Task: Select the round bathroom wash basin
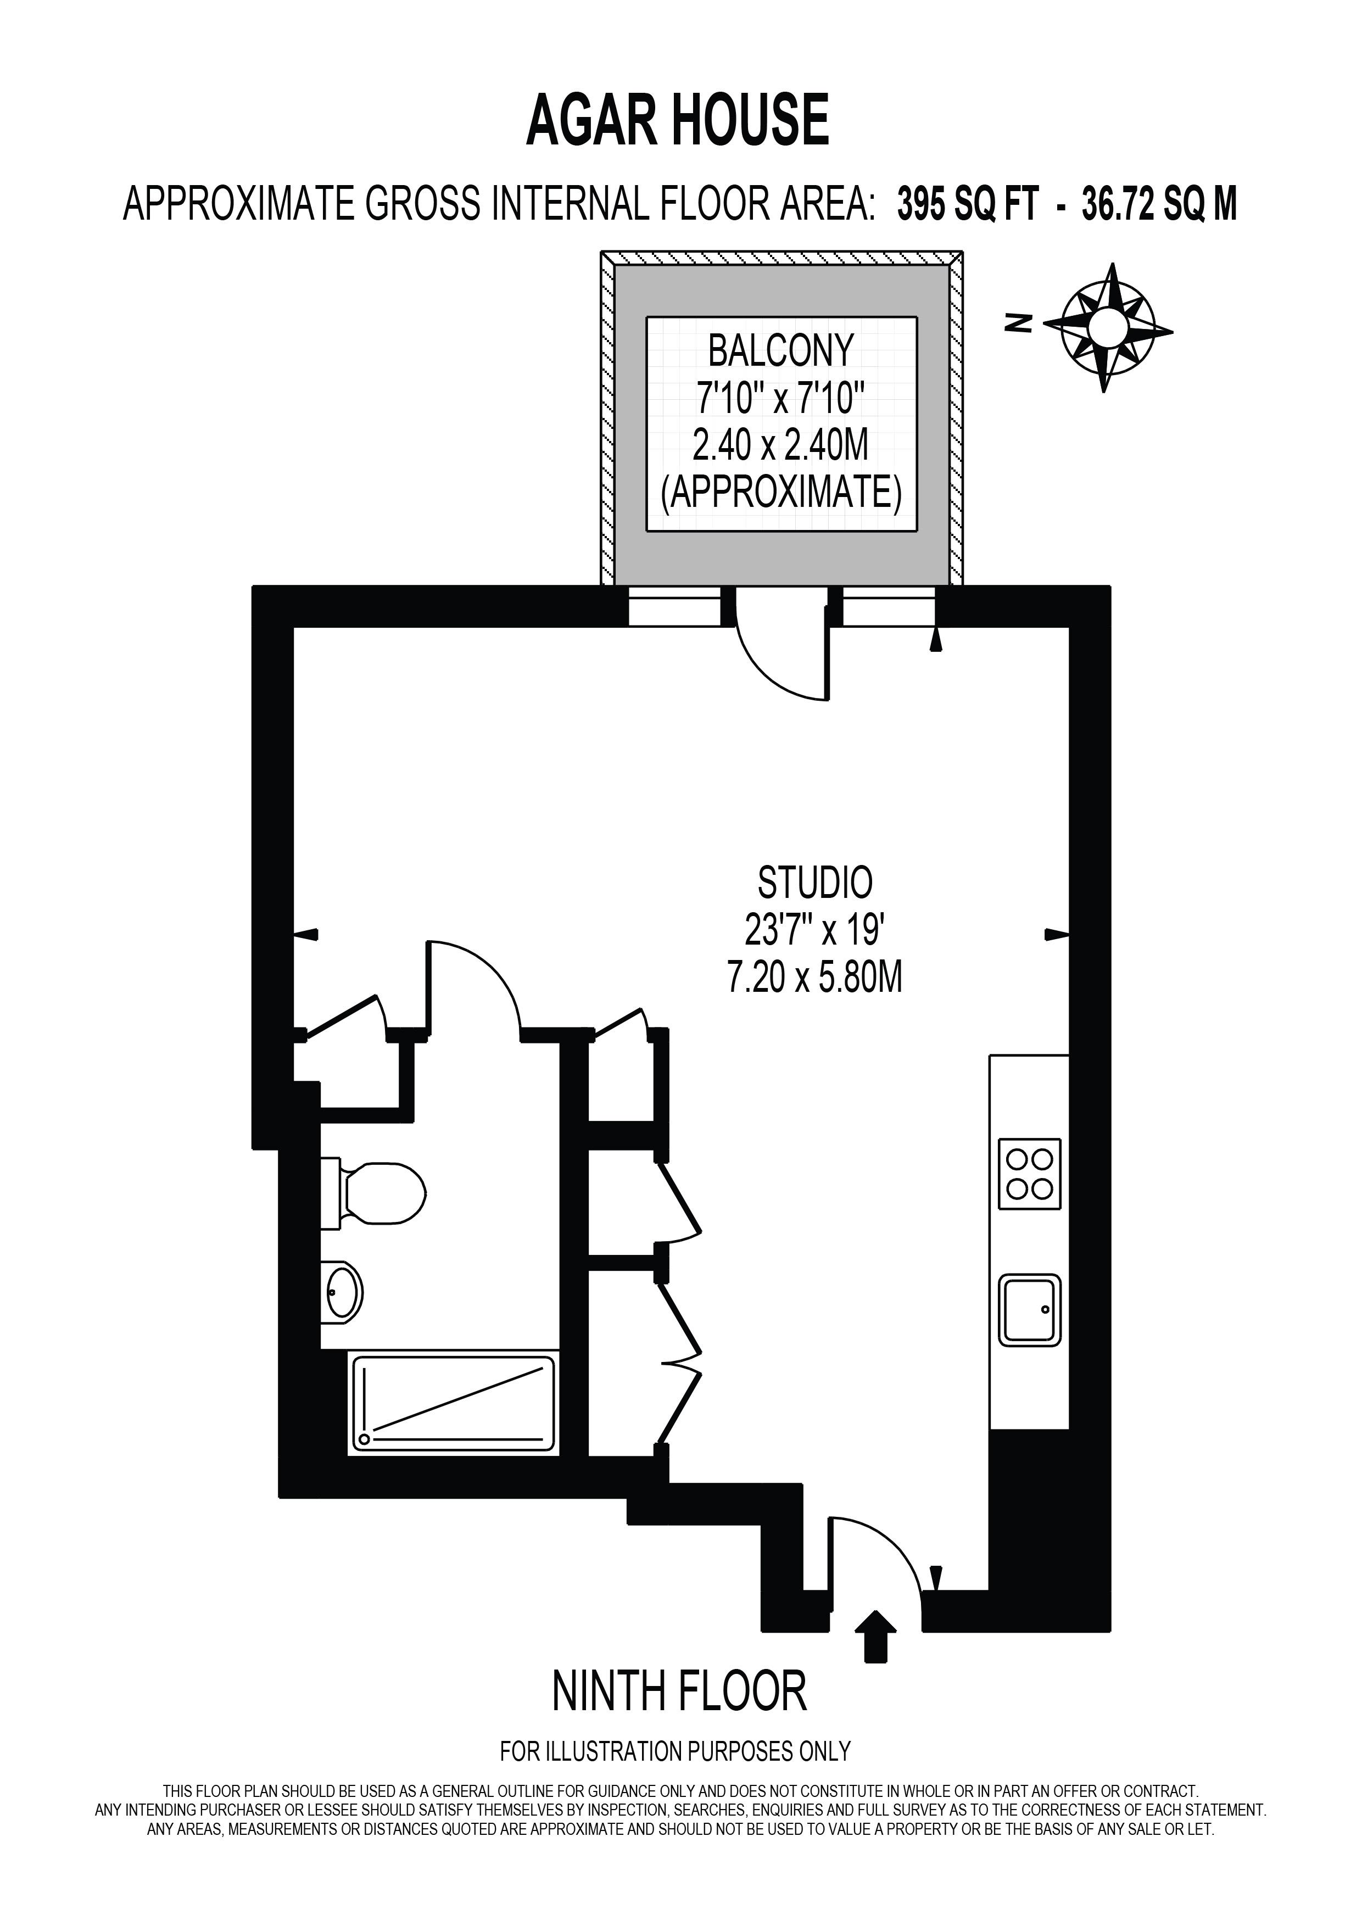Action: [342, 1293]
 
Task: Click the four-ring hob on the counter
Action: [1029, 1174]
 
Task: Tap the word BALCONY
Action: [781, 350]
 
